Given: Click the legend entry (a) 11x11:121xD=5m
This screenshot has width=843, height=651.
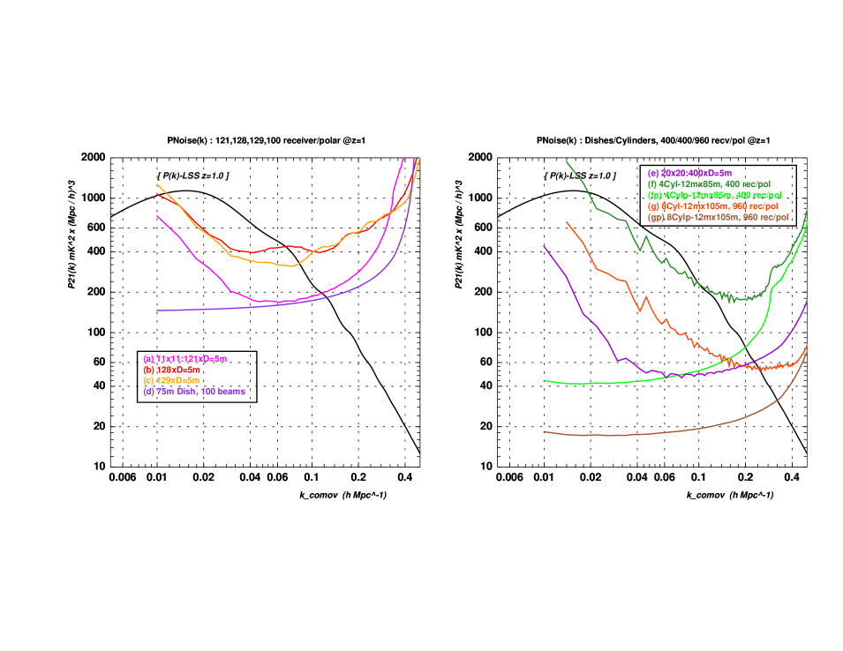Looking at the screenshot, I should (x=184, y=358).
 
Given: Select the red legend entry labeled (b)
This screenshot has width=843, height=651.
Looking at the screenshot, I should (x=171, y=370).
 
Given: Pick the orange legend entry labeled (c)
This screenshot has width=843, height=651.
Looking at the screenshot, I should (x=171, y=380).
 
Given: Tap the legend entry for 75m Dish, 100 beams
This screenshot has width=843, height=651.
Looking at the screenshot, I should (x=193, y=391).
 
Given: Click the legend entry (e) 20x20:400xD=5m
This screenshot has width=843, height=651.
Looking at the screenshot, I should (x=689, y=173).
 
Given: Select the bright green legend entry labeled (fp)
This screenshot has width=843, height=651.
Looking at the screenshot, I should (x=714, y=195).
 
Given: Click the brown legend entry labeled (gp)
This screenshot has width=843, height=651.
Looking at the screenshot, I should (x=718, y=216).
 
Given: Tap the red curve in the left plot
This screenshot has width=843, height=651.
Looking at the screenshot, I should (x=256, y=251).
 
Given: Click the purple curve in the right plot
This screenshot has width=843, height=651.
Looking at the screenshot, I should (x=583, y=313).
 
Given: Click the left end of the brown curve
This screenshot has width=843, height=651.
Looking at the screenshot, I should (x=545, y=431).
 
